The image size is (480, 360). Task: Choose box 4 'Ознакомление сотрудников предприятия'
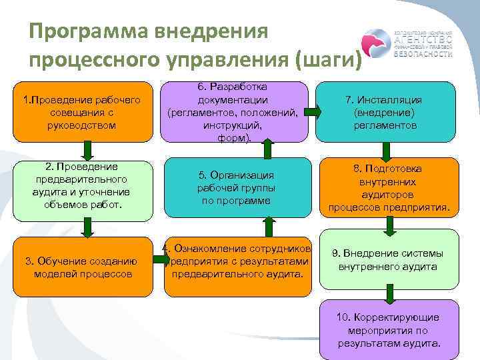(x=237, y=261)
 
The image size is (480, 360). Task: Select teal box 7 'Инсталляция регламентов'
(x=387, y=112)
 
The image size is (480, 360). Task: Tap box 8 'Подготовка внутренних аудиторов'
(x=388, y=188)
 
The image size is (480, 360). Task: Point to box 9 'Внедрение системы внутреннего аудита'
(x=388, y=260)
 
